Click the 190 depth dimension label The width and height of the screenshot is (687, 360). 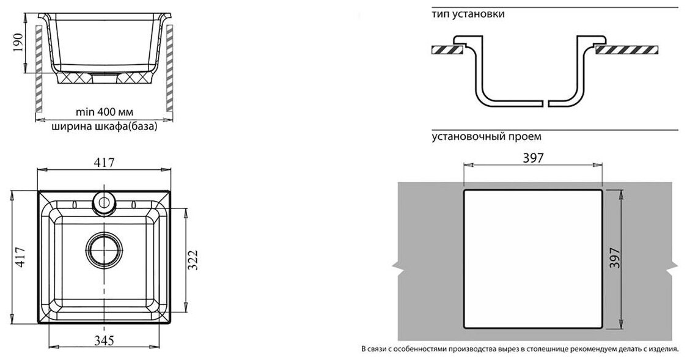pyautogui.click(x=19, y=43)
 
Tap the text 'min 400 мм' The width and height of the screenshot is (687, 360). pyautogui.click(x=105, y=112)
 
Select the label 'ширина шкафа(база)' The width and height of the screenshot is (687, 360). pyautogui.click(x=105, y=127)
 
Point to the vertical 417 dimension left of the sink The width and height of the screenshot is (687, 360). pyautogui.click(x=19, y=258)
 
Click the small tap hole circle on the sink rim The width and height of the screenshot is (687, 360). pyautogui.click(x=104, y=202)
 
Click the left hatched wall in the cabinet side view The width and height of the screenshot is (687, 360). pyautogui.click(x=39, y=67)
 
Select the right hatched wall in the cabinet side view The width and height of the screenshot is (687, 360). pyautogui.click(x=169, y=67)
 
